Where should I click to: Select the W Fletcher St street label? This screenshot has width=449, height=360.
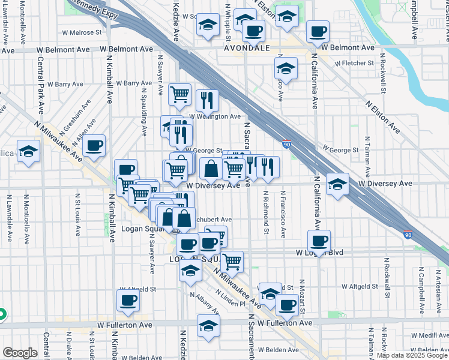[x=354, y=62]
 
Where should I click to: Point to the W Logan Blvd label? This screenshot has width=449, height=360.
[x=319, y=253]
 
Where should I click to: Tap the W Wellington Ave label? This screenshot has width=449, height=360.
[x=215, y=116]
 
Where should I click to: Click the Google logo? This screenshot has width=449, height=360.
[x=20, y=353]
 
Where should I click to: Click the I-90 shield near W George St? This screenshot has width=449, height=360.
[x=287, y=143]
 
